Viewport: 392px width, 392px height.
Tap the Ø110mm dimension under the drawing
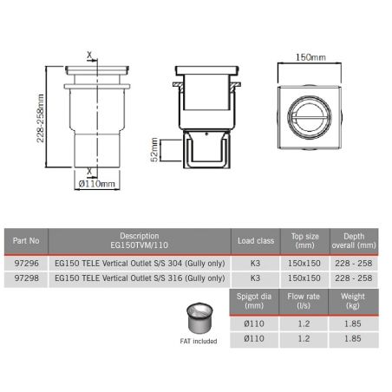pyautogui.click(x=95, y=185)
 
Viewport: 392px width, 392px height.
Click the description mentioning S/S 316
pyautogui.click(x=139, y=278)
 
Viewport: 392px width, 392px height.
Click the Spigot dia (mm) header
pyautogui.click(x=256, y=301)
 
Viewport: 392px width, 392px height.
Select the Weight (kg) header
pyautogui.click(x=353, y=301)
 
